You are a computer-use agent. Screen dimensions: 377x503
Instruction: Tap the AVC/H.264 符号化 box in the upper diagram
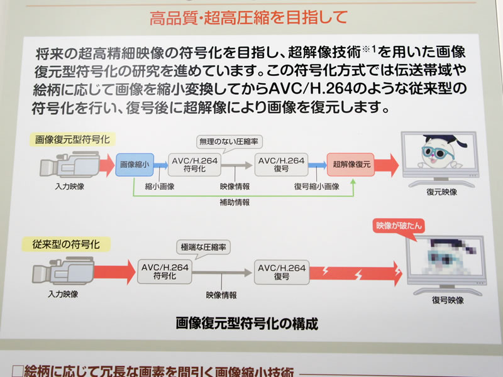click(x=194, y=166)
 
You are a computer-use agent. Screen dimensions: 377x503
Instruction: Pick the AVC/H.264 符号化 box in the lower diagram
click(x=163, y=271)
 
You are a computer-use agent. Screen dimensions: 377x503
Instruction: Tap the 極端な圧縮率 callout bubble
click(x=202, y=247)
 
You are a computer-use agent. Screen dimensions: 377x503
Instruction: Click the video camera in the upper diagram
click(x=70, y=166)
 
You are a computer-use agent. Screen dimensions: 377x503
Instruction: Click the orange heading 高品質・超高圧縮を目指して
click(x=248, y=18)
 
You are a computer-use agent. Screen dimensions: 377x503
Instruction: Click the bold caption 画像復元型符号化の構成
click(x=246, y=325)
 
